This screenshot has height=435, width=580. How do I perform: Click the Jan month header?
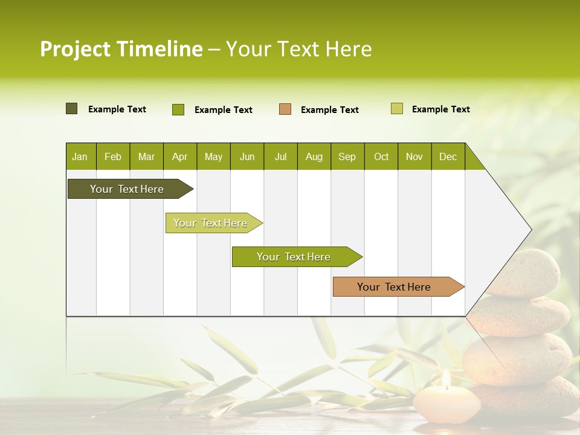80,156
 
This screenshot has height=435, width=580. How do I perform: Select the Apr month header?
179,156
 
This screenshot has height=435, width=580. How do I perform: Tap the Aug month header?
314,156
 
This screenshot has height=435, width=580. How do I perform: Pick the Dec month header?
448,156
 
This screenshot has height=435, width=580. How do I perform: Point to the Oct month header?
381,156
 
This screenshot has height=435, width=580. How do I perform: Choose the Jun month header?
246,156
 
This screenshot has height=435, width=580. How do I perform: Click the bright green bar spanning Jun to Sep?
294,257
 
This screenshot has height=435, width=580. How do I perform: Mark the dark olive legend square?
71,109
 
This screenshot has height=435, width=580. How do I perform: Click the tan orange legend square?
285,109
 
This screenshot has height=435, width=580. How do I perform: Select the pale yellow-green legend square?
396,109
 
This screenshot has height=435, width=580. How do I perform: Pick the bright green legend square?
178,109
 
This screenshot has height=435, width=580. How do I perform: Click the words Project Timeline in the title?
121,49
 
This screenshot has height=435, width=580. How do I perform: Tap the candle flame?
446,379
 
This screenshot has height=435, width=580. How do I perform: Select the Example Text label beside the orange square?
329,109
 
